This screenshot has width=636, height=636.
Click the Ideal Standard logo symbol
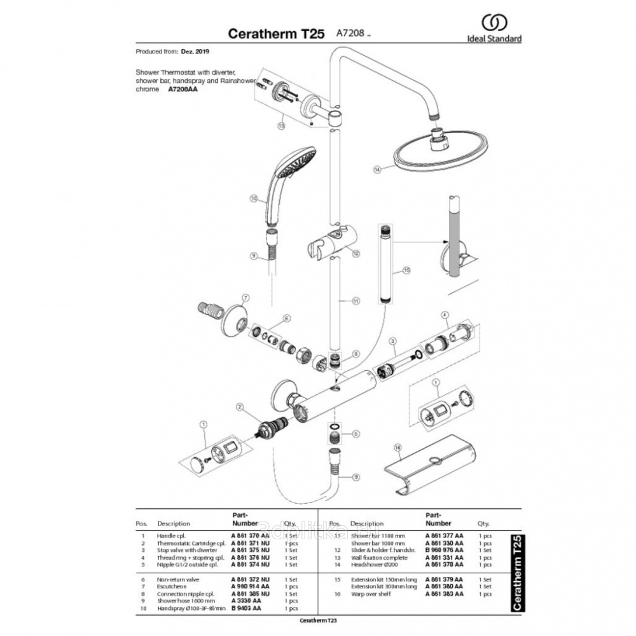pos(494,24)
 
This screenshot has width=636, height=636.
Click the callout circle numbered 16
pos(398,448)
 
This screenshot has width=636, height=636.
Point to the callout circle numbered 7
pos(245,297)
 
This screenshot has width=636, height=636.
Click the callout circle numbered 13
pos(280,126)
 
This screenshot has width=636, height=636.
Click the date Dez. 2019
pos(195,51)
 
